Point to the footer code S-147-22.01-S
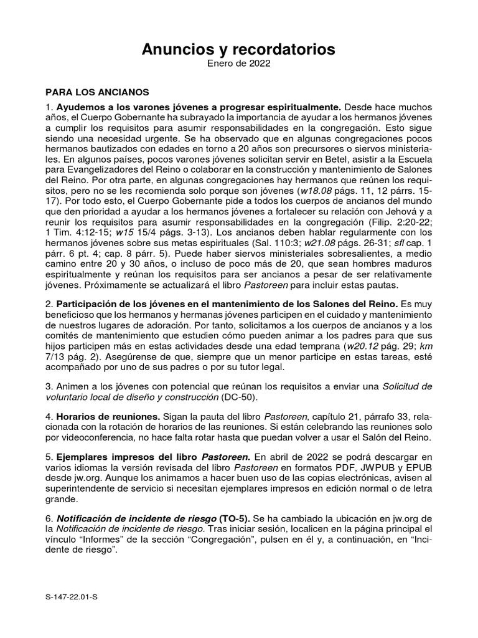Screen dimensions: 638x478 tap(72, 597)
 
